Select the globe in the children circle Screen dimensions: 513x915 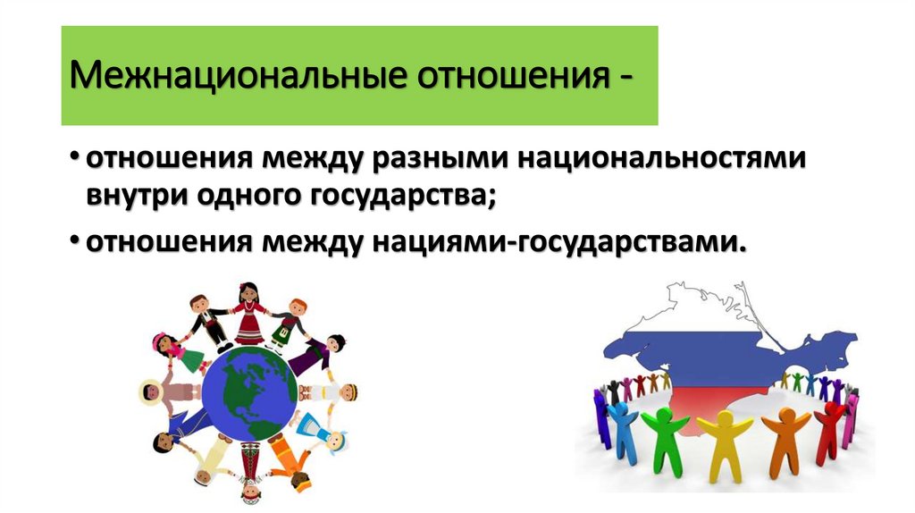click(x=249, y=392)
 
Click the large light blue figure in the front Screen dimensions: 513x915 click(x=622, y=427)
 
